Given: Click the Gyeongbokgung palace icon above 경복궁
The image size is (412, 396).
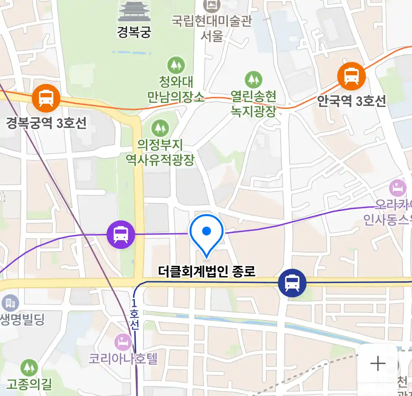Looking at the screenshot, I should coord(134,12).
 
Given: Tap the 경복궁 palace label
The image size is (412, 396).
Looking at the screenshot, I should coord(134,32).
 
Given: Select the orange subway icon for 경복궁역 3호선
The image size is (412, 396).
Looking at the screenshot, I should coord(46,98).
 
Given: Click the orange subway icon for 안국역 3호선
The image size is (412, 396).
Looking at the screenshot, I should coord(351,76).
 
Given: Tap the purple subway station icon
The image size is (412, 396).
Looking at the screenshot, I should coord(121,234).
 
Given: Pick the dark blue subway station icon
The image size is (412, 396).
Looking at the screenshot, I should coord(292,283).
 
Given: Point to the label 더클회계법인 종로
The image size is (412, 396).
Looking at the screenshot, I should coord(207,271).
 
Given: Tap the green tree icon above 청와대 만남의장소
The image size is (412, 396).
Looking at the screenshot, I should coord(176,65).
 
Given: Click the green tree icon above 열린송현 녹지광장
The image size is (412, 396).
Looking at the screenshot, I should coord(253,79).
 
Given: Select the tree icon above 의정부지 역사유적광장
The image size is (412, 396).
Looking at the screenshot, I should coord(160,128).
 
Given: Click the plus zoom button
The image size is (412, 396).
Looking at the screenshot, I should coord(378,364).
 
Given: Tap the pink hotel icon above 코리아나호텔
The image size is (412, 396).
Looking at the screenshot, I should coord(123,342).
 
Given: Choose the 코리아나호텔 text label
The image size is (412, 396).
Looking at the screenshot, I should coord(123,358).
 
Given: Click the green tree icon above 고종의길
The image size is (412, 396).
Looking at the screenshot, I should coord(29,367).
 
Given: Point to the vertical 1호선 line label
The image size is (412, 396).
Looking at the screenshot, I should coord(134,315).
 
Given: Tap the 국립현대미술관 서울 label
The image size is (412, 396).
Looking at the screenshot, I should coord(212,27).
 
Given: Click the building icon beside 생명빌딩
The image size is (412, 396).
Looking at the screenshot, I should coord(10,303).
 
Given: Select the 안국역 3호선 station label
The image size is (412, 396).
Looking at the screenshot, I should coord(351,100).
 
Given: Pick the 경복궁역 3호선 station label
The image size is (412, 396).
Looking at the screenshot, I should coord(47,123).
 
